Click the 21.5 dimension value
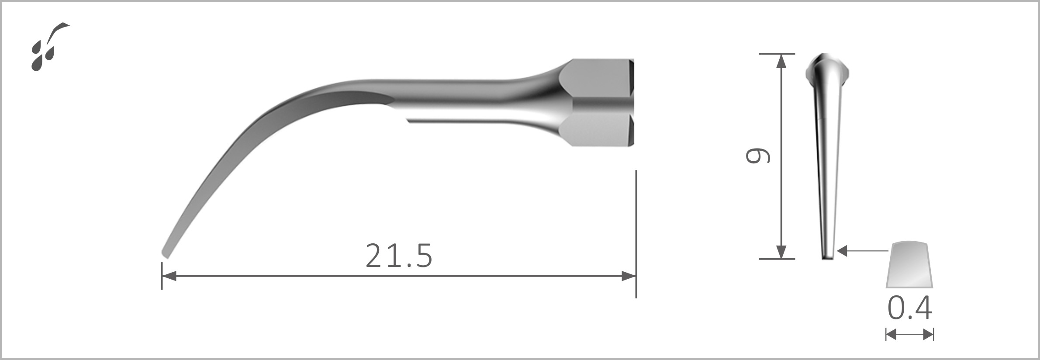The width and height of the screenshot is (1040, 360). (x=399, y=256)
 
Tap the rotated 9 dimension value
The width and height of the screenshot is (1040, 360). (x=757, y=156)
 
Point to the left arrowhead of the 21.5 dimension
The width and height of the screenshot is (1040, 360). (x=169, y=276)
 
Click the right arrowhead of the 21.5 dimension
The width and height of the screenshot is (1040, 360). (x=629, y=276)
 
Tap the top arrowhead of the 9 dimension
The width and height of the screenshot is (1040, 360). (x=781, y=61)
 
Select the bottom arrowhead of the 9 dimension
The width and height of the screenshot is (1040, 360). (x=781, y=252)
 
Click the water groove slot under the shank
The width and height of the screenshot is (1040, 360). (x=454, y=119)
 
